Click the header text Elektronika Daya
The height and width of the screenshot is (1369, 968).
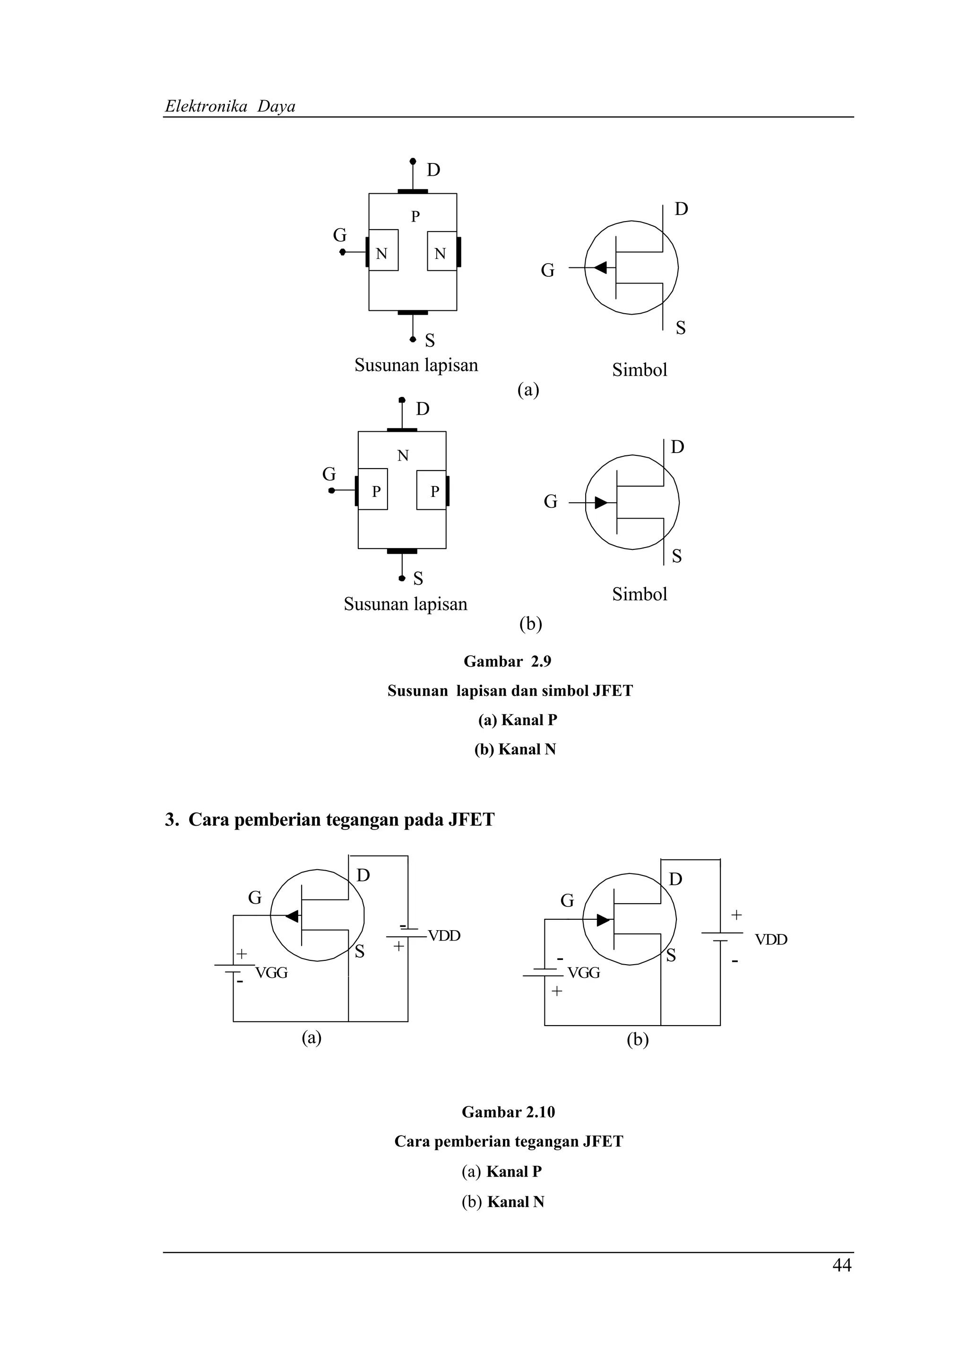(230, 107)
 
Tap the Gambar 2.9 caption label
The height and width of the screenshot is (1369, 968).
(508, 661)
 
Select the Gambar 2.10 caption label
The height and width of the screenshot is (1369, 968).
(508, 1112)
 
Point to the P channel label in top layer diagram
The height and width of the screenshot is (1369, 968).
(415, 216)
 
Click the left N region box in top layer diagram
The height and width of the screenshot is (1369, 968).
(383, 251)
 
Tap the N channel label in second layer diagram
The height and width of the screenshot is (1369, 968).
(403, 455)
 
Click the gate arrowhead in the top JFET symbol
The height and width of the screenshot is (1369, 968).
(601, 268)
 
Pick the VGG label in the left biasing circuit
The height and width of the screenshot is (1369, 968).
(271, 973)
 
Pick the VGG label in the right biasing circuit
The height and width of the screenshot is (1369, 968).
(584, 973)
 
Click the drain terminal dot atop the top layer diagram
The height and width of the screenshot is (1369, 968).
(413, 161)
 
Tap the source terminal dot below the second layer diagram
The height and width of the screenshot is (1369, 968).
(402, 578)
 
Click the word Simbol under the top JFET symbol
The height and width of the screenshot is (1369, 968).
(640, 370)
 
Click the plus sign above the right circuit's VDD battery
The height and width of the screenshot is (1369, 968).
(736, 914)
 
